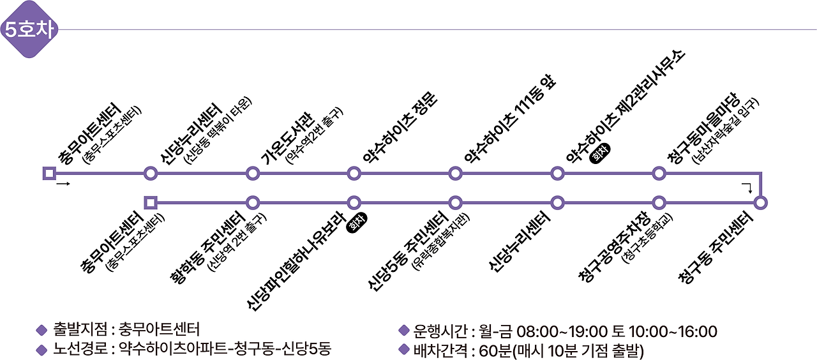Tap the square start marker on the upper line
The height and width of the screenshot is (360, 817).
[49, 173]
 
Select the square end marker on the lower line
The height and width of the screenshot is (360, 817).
[151, 203]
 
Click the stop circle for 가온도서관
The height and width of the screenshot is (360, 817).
[253, 173]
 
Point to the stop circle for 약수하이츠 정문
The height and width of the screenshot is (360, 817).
[354, 173]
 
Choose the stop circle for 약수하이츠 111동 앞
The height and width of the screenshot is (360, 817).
[455, 173]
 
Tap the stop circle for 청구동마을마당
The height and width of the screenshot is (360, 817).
[659, 173]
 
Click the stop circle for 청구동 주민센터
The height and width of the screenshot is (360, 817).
[760, 203]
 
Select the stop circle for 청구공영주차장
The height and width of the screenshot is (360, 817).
[659, 203]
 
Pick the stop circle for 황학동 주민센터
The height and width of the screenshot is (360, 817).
[253, 203]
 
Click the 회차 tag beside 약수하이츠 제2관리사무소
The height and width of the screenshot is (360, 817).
[601, 153]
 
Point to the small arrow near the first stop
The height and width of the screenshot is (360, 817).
[63, 184]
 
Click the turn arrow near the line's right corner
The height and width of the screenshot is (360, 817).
[747, 186]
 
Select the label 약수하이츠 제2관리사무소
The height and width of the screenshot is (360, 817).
[626, 105]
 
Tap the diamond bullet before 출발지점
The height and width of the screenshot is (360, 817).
[42, 331]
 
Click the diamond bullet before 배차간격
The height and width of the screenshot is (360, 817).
[403, 349]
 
